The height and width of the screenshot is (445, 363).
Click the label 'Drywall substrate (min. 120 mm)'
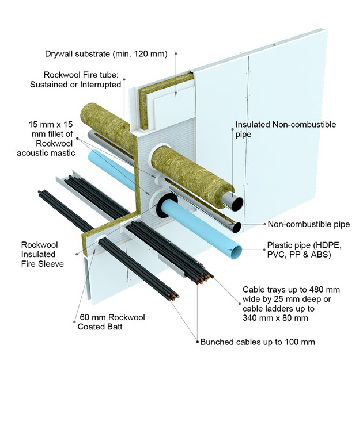click(105, 55)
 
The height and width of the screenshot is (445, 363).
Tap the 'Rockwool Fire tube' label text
click(82, 79)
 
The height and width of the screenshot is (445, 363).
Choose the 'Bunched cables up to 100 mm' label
click(258, 342)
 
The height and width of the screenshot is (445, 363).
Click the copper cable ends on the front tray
click(202, 278)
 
